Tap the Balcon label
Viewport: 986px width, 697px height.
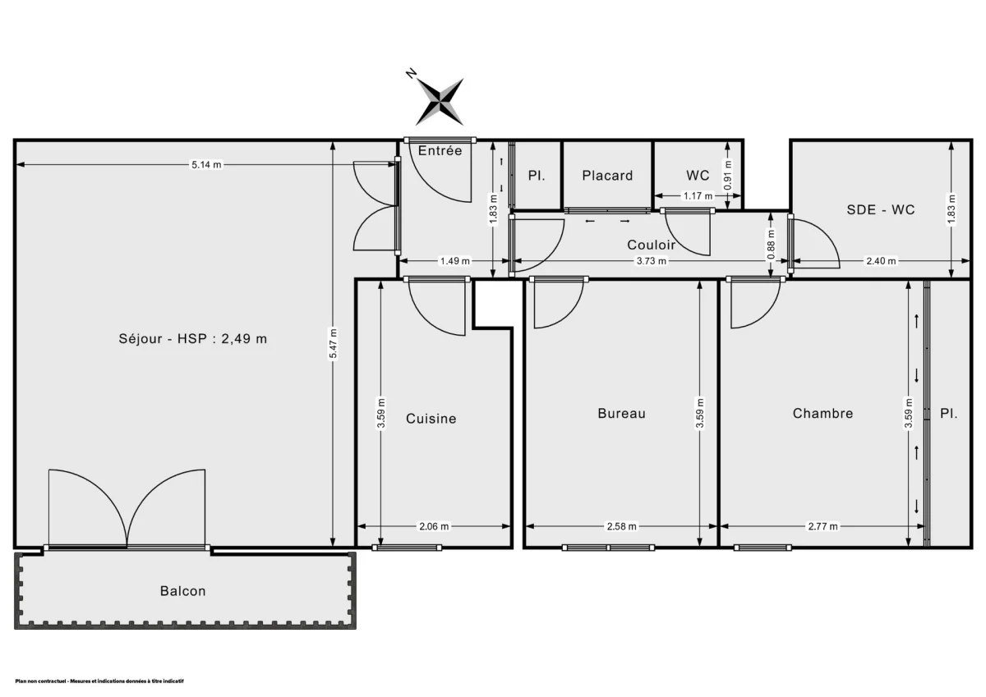tap(182, 591)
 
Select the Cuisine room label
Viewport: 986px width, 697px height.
tap(431, 419)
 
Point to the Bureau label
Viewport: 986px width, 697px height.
tap(621, 414)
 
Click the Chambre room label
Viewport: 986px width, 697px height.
tap(822, 414)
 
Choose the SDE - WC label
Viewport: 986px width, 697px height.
tap(881, 209)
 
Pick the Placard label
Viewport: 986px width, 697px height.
tap(607, 176)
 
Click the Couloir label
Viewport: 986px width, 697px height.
tap(651, 245)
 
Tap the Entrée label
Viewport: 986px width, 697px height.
tap(440, 150)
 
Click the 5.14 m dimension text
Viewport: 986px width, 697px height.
tap(206, 165)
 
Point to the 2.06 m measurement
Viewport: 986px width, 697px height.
tap(433, 526)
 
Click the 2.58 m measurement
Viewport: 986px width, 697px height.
tap(620, 526)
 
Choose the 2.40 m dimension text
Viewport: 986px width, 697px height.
tap(881, 262)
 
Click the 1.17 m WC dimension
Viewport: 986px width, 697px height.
tap(698, 195)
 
